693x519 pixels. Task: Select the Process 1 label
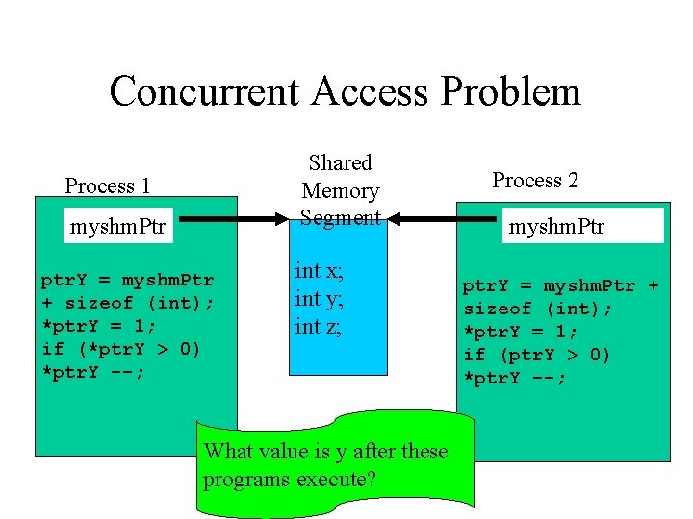(x=108, y=185)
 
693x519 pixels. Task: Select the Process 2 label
(x=535, y=180)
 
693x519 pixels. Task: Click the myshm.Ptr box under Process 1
(x=117, y=228)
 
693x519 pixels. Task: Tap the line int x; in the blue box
(x=319, y=272)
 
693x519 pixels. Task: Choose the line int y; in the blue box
(x=319, y=299)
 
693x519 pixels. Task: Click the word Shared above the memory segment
(x=340, y=163)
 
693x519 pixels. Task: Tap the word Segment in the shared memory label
(x=340, y=217)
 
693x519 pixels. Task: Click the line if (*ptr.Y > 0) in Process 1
(x=121, y=349)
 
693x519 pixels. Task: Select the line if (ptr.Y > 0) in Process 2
(x=537, y=356)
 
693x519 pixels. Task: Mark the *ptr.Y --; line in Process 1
(x=93, y=372)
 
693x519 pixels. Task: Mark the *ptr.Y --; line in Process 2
(x=516, y=379)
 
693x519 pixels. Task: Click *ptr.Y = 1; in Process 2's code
(x=520, y=333)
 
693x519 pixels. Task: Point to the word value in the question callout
(x=293, y=451)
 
